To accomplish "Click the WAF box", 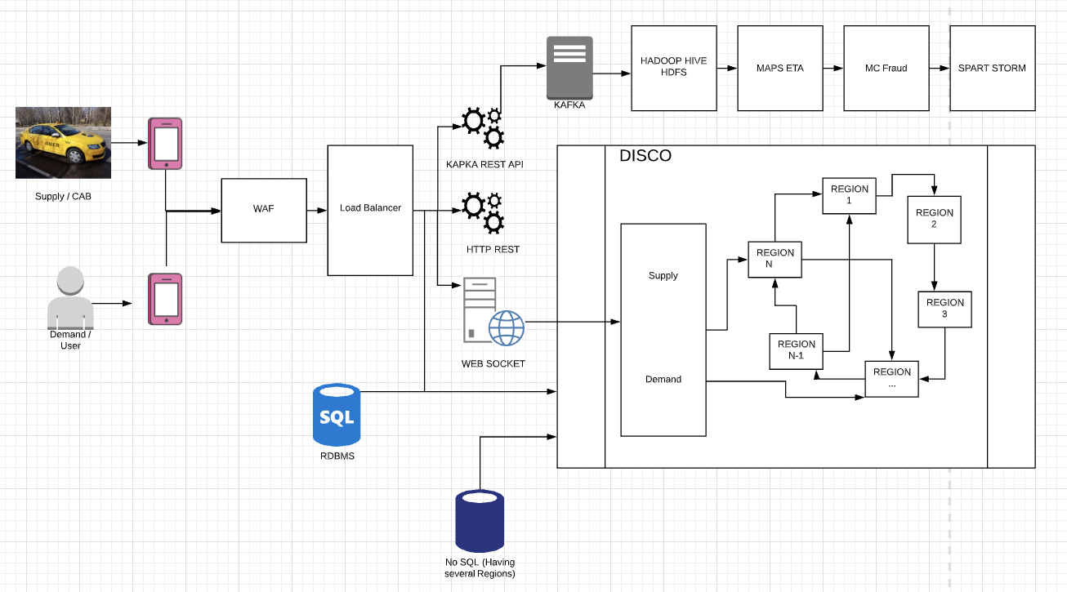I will click(x=264, y=210).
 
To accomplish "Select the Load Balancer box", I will click(x=370, y=210).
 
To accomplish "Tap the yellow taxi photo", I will click(x=63, y=142).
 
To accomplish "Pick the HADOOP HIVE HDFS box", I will click(x=673, y=68).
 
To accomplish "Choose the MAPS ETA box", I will click(x=779, y=68).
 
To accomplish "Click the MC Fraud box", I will click(x=886, y=68).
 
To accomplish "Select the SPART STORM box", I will click(x=992, y=68).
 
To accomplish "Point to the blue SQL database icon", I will click(x=336, y=416).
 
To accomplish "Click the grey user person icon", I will click(x=70, y=298).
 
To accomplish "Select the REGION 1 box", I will click(x=849, y=196).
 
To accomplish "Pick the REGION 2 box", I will click(x=934, y=219).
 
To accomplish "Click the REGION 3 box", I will click(x=944, y=309).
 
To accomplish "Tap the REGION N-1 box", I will click(x=796, y=350).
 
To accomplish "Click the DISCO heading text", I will click(x=645, y=156).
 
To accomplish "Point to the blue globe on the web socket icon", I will click(x=506, y=327).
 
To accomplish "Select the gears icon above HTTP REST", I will click(x=482, y=211).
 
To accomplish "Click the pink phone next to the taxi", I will click(x=165, y=144).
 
